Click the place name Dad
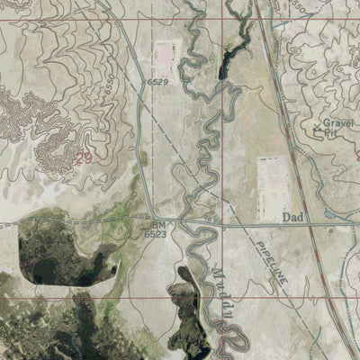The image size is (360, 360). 292,217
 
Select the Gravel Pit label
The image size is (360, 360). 334,128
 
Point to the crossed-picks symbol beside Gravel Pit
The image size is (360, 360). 318,130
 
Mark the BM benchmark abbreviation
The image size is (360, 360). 158,224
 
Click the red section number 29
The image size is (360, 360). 85,157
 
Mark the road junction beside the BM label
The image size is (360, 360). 177,221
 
